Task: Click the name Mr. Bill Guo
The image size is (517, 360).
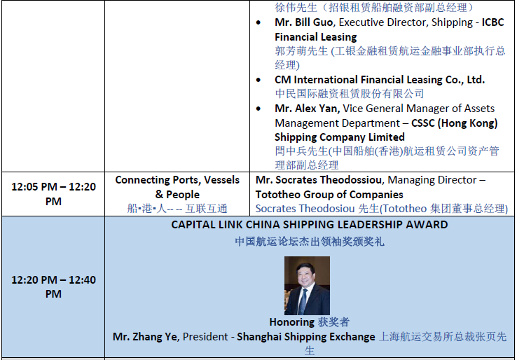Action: [x=303, y=22]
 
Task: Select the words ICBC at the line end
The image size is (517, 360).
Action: [x=493, y=22]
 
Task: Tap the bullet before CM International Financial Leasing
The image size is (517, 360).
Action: [x=258, y=80]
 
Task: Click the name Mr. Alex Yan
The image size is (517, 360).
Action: [x=307, y=109]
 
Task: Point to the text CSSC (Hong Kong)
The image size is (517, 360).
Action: [x=455, y=123]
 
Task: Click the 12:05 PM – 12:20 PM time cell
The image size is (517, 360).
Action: [x=53, y=194]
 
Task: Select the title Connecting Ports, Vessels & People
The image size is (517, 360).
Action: [x=177, y=187]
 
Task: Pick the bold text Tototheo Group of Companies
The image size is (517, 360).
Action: [x=329, y=195]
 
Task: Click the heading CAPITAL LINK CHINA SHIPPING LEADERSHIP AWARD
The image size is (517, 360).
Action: [x=309, y=225]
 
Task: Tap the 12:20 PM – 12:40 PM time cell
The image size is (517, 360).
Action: [x=53, y=286]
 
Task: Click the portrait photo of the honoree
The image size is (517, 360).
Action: [x=307, y=286]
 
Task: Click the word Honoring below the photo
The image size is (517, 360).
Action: [x=292, y=322]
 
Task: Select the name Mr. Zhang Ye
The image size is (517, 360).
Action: [x=145, y=337]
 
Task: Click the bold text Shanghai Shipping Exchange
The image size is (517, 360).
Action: [x=306, y=337]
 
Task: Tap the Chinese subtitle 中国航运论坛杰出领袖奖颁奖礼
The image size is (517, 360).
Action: [x=309, y=242]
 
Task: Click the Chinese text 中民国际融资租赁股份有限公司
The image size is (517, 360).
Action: [x=350, y=94]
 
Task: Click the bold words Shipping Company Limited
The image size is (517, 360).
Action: [x=340, y=137]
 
